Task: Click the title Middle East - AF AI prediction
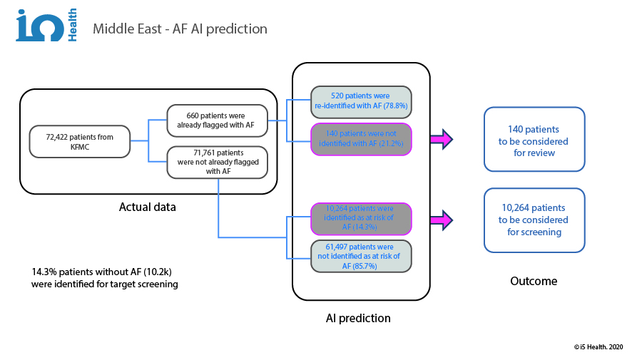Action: (x=180, y=29)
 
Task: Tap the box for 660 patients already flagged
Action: (x=216, y=120)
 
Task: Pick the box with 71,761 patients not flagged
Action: (x=216, y=161)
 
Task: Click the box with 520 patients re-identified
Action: (x=360, y=101)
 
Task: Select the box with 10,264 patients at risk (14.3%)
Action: (x=360, y=217)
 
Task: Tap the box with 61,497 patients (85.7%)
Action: (x=360, y=256)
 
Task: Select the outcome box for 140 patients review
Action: (x=534, y=140)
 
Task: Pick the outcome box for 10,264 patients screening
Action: (x=534, y=220)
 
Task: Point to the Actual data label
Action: (x=148, y=207)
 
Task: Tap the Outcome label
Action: (x=534, y=281)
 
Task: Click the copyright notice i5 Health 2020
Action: (x=598, y=346)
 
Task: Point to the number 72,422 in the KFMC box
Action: (x=60, y=135)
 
